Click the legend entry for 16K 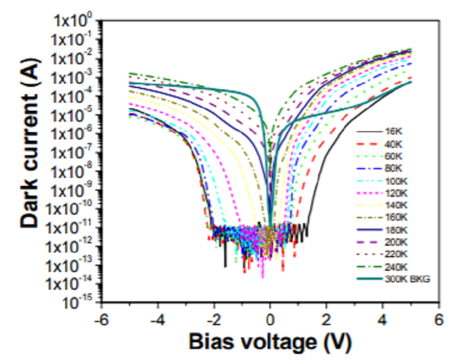click(393, 131)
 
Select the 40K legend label click(393, 144)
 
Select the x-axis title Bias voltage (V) click(270, 339)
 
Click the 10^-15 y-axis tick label click(79, 301)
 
